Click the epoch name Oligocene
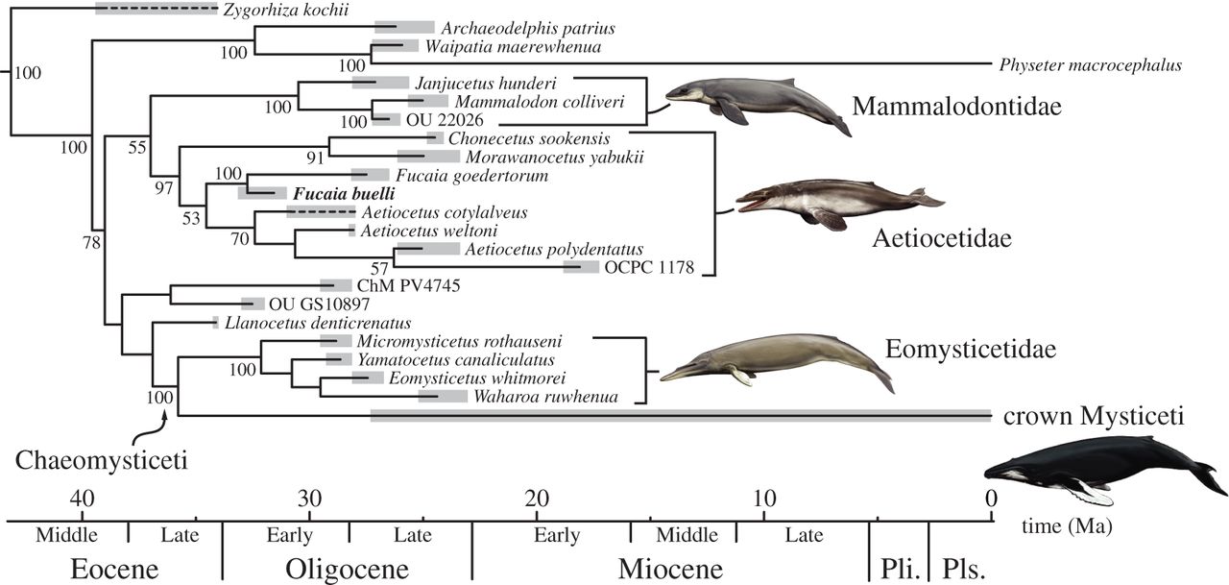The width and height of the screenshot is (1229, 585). [x=348, y=568]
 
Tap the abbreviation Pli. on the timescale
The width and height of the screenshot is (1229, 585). [x=899, y=568]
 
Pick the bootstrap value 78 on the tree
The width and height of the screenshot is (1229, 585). [x=91, y=243]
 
